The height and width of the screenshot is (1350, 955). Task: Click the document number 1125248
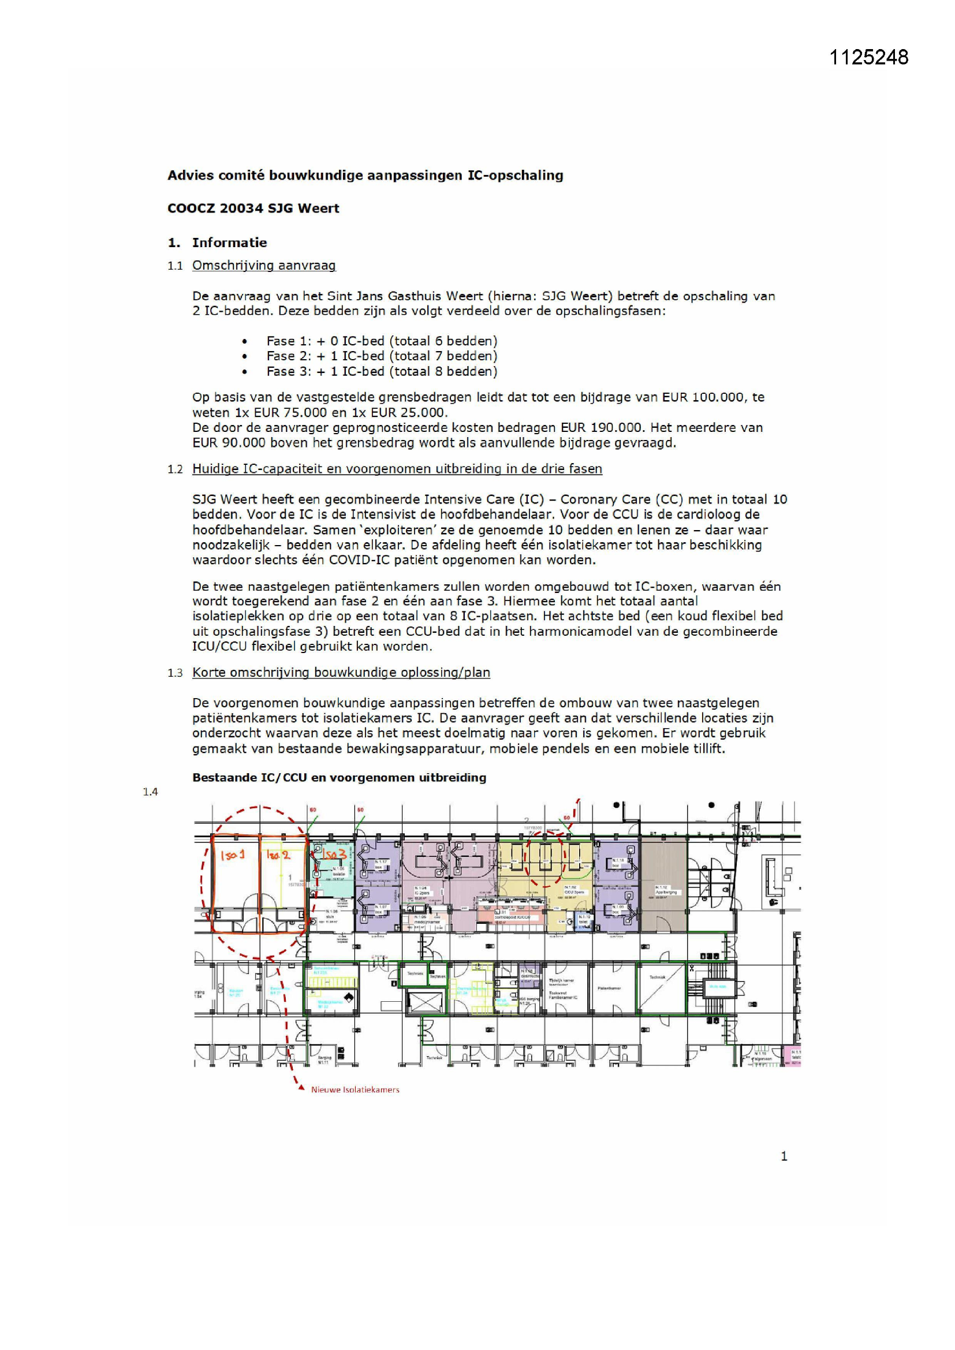click(868, 57)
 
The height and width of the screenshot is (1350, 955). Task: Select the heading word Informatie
click(229, 243)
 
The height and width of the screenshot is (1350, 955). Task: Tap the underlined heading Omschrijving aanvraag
click(264, 265)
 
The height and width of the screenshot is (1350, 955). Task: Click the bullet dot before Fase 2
click(245, 356)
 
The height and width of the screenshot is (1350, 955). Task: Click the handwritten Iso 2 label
click(278, 855)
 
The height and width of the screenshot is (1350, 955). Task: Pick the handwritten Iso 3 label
click(333, 853)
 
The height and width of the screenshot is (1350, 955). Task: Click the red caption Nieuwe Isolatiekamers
click(355, 1090)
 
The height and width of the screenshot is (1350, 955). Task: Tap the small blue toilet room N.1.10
click(583, 922)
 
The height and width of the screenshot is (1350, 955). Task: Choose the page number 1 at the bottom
click(784, 1156)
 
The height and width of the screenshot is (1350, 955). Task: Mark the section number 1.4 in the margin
click(150, 792)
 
